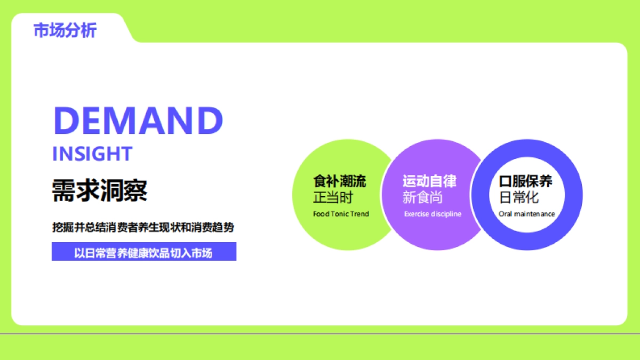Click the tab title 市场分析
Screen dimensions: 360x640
pyautogui.click(x=65, y=30)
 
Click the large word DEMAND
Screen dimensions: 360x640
pyautogui.click(x=138, y=121)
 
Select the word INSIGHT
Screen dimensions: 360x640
pyautogui.click(x=92, y=154)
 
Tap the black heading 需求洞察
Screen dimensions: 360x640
pyautogui.click(x=100, y=189)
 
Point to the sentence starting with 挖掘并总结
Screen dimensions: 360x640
pyautogui.click(x=143, y=227)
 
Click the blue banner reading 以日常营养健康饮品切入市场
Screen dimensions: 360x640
pyautogui.click(x=143, y=252)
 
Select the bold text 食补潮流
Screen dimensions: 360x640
pyautogui.click(x=339, y=181)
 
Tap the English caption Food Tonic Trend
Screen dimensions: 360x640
pyautogui.click(x=341, y=214)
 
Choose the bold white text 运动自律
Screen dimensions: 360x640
pyautogui.click(x=429, y=181)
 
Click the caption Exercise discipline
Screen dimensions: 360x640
pyautogui.click(x=433, y=214)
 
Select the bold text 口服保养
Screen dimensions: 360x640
pyautogui.click(x=526, y=181)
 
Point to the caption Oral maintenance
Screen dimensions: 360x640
pyautogui.click(x=527, y=214)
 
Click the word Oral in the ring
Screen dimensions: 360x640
pyautogui.click(x=505, y=214)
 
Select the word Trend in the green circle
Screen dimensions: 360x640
pyautogui.click(x=360, y=214)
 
